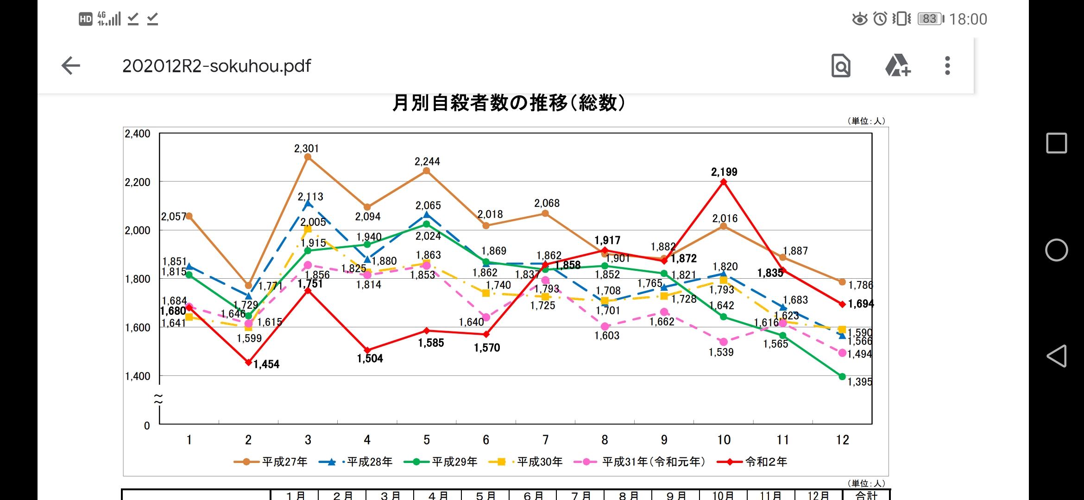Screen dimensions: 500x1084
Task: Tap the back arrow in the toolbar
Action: pos(71,66)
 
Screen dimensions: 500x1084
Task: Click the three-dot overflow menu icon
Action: pos(947,66)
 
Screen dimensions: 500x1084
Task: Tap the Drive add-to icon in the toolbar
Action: pos(897,66)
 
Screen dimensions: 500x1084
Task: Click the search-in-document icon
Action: pos(841,66)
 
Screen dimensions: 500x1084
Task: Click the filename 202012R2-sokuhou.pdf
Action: pos(216,66)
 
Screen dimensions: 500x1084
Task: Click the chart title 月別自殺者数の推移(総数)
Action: pos(509,103)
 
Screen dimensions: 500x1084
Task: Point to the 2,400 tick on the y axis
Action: pos(138,134)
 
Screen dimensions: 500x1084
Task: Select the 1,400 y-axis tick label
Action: pos(138,376)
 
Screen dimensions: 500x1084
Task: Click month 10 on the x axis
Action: pos(724,440)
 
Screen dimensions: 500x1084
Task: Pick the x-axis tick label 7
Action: pos(545,440)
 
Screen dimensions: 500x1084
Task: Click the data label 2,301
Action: pos(307,149)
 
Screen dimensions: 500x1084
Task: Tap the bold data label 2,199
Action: pos(724,172)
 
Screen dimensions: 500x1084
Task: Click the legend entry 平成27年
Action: pos(284,462)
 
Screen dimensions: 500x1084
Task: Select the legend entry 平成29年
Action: pos(454,462)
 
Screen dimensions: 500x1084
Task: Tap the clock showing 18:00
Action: pos(968,19)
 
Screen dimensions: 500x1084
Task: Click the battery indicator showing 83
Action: pos(930,19)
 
